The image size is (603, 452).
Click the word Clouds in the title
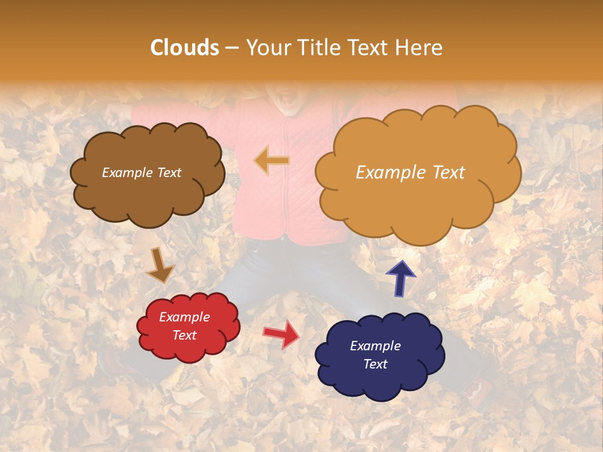click(x=185, y=48)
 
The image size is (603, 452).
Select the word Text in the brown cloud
click(x=168, y=173)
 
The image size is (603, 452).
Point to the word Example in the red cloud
click(x=184, y=317)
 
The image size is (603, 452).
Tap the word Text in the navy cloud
click(x=375, y=364)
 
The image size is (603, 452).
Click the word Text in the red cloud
click(x=184, y=335)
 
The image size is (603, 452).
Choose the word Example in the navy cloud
click(x=375, y=346)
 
